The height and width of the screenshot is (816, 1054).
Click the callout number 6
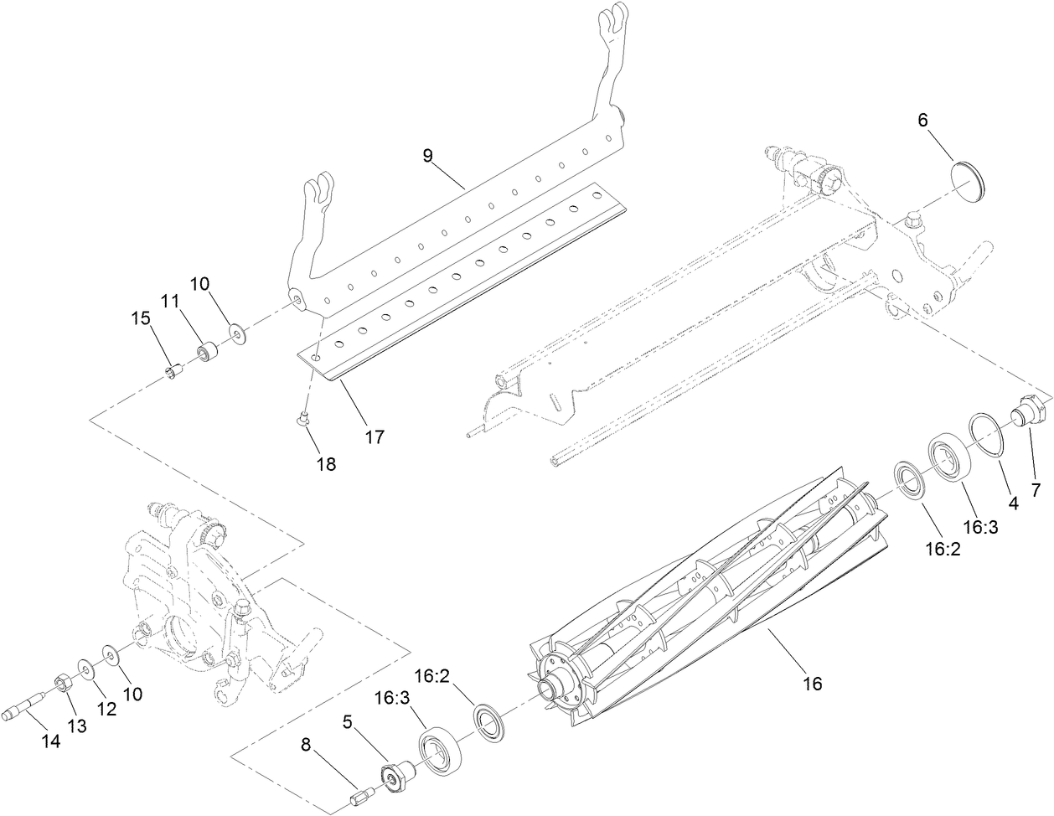point(922,120)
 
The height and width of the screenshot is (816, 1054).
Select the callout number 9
point(428,157)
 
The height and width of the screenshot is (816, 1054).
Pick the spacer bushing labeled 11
point(207,352)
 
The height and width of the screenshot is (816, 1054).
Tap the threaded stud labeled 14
point(30,701)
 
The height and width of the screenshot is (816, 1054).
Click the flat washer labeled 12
point(86,668)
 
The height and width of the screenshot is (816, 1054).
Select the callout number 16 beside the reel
point(812,684)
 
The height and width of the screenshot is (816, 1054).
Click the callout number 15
point(141,319)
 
